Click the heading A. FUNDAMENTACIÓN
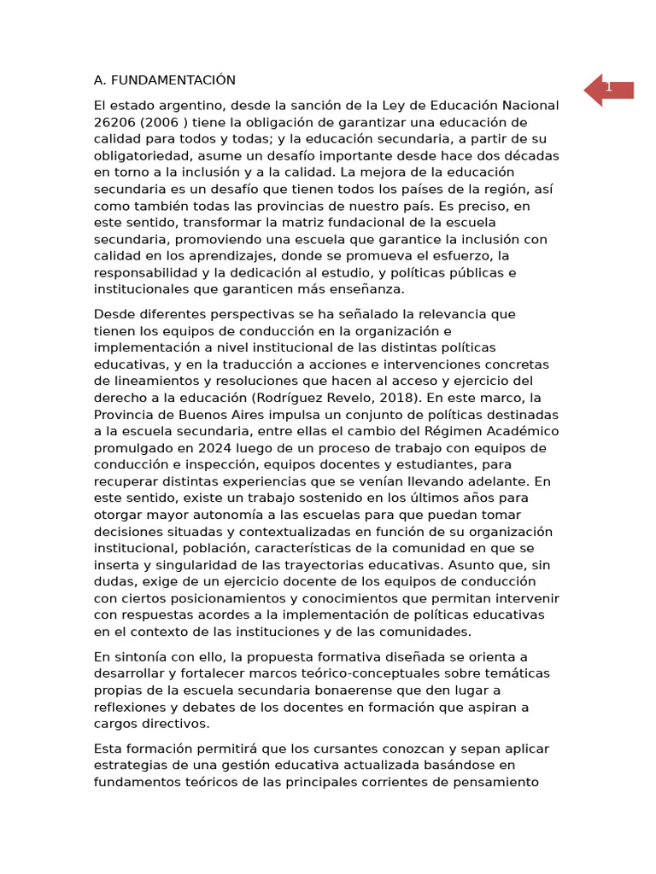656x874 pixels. (164, 80)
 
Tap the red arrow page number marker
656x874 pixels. (608, 89)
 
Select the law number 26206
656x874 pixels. (115, 122)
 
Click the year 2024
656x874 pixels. (223, 448)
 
